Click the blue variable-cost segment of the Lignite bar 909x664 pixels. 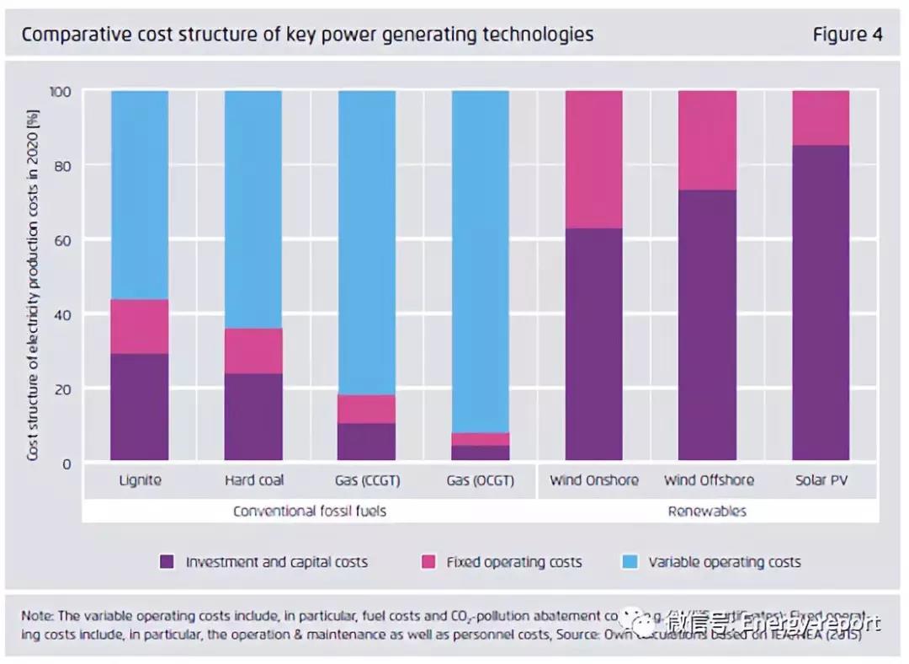point(140,194)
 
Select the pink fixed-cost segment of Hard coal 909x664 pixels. point(253,351)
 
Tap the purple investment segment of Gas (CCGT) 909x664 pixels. point(367,442)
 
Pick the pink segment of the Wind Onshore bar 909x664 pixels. point(594,159)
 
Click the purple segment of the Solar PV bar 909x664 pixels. point(821,303)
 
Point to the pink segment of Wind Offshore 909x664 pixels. point(708,140)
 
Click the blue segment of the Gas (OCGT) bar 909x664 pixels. point(481,261)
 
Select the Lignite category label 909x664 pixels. point(140,480)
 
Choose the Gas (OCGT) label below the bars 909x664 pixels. point(481,480)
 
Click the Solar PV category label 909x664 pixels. point(821,480)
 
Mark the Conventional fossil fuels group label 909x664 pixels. point(310,511)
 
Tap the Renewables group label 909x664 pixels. point(707,511)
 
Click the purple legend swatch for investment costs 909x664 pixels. point(167,562)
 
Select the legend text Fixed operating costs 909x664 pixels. point(513,562)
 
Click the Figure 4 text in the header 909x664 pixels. point(847,35)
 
